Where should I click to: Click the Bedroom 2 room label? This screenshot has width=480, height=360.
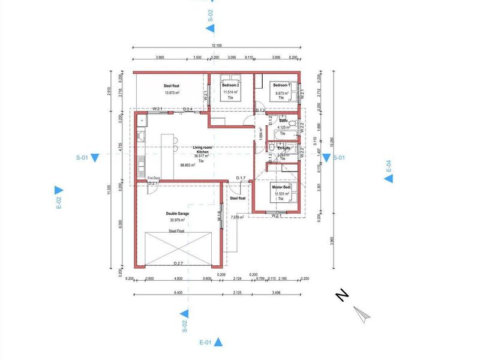click(230, 85)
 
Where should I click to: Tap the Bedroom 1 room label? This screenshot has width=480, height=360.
click(281, 85)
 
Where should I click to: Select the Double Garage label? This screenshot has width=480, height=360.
click(178, 214)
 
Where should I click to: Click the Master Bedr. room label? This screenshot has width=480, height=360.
click(281, 187)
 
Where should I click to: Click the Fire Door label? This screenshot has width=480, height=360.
click(154, 178)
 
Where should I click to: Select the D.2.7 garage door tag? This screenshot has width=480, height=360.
click(179, 263)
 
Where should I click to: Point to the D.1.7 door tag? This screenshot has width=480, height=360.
click(241, 178)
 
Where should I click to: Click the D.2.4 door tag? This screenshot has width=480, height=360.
click(187, 109)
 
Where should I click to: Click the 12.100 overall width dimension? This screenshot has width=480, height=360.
click(217, 46)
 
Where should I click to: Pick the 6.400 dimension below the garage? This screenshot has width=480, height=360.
click(178, 293)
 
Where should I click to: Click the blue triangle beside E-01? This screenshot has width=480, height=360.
click(219, 343)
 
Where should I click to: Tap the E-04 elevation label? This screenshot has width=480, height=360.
click(388, 166)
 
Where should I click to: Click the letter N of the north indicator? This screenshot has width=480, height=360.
click(341, 296)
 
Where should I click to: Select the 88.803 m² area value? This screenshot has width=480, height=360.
click(188, 165)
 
